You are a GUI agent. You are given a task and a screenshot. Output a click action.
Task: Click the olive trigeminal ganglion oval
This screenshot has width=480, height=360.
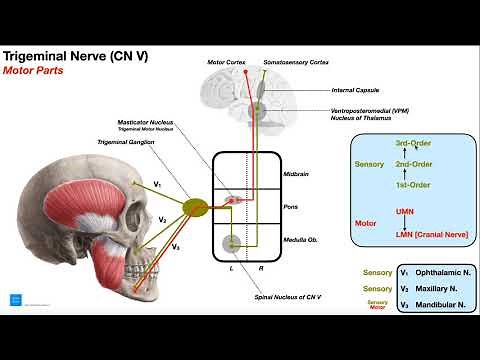[x=196, y=207]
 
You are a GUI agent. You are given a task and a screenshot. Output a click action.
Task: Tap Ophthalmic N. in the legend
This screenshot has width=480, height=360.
[x=438, y=272]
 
